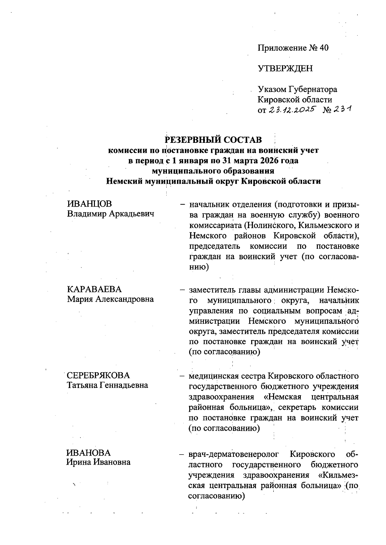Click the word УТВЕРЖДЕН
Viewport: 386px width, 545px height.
tap(285, 69)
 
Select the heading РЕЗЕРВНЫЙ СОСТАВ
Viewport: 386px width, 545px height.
tap(213, 140)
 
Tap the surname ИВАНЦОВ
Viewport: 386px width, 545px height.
tap(89, 204)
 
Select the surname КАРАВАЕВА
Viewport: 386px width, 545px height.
tap(94, 289)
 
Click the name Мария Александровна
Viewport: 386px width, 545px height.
tap(110, 299)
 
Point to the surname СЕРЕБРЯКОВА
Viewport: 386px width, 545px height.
tap(98, 375)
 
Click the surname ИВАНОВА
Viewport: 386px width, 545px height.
tap(88, 453)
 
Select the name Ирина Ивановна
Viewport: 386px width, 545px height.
tap(98, 462)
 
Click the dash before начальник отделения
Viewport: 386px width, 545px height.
tap(182, 204)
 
